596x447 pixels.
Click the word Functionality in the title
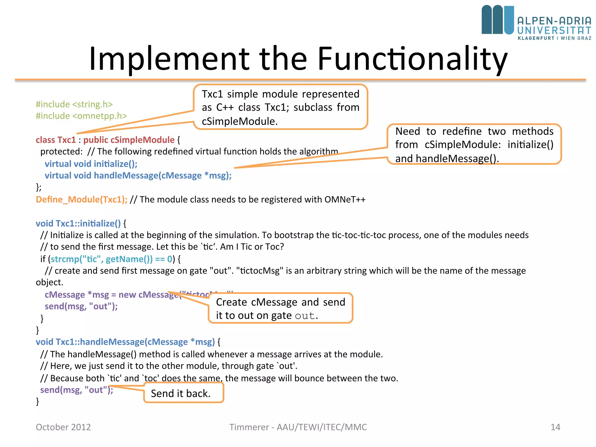pyautogui.click(x=412, y=59)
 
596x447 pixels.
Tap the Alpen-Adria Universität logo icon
pyautogui.click(x=497, y=20)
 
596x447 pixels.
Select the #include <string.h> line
pyautogui.click(x=74, y=104)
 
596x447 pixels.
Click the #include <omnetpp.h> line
pyautogui.click(x=81, y=116)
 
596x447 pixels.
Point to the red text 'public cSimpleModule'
pyautogui.click(x=129, y=140)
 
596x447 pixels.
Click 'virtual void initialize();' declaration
pyautogui.click(x=91, y=164)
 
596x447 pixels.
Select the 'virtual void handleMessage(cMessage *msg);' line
pyautogui.click(x=138, y=175)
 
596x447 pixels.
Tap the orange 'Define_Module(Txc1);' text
pyautogui.click(x=81, y=200)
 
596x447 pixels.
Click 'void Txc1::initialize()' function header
pyautogui.click(x=78, y=223)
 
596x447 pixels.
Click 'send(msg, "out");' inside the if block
pyautogui.click(x=81, y=306)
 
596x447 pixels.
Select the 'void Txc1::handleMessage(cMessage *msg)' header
pyautogui.click(x=125, y=342)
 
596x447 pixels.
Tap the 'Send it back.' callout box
pyautogui.click(x=183, y=393)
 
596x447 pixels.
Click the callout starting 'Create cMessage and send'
pyautogui.click(x=280, y=308)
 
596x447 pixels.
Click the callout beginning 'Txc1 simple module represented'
pyautogui.click(x=280, y=107)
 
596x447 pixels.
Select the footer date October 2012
pyautogui.click(x=63, y=427)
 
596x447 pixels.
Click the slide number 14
pyautogui.click(x=555, y=427)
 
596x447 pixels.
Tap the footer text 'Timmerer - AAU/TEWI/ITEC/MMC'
pyautogui.click(x=298, y=427)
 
